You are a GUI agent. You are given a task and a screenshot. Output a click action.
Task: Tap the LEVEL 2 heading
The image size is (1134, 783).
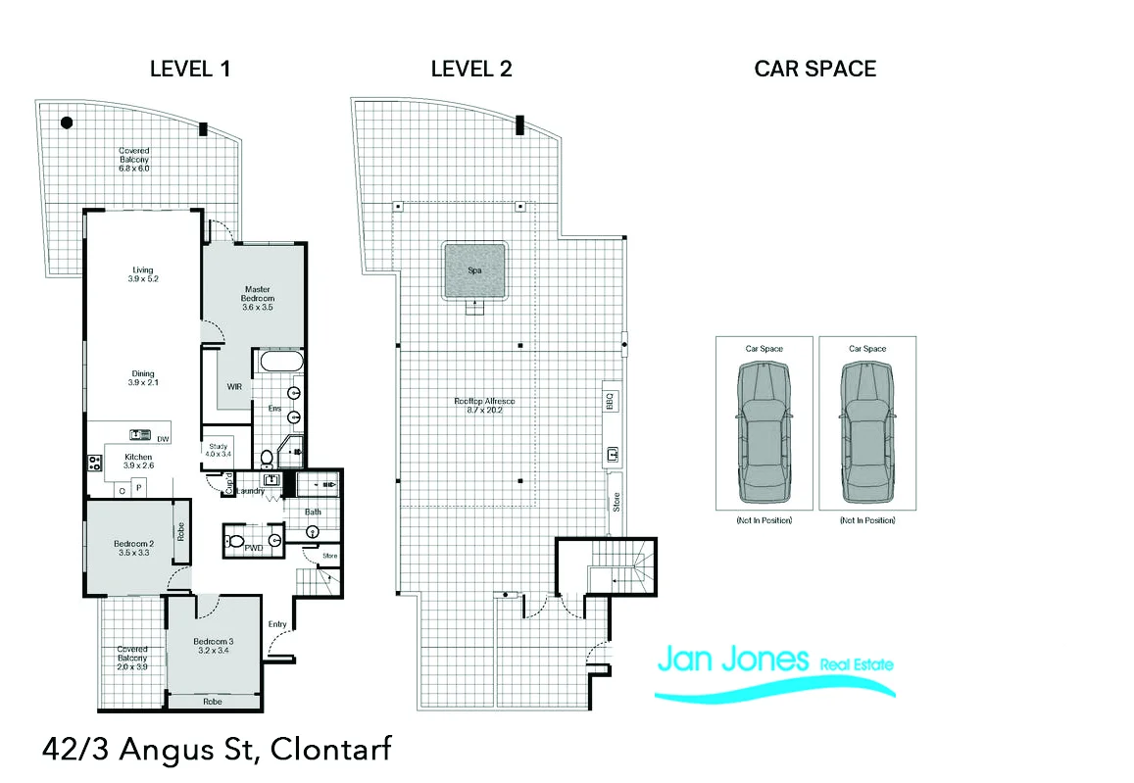(x=471, y=69)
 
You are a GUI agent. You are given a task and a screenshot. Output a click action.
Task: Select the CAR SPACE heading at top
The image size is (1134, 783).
(x=814, y=69)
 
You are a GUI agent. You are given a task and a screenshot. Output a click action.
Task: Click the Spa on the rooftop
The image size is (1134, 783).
(x=475, y=269)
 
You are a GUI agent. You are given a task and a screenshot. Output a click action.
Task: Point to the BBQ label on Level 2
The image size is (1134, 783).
(x=610, y=401)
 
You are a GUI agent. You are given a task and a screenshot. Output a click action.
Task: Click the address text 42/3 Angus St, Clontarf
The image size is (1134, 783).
(x=217, y=751)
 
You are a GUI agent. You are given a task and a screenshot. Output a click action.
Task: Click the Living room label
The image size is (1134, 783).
(x=143, y=275)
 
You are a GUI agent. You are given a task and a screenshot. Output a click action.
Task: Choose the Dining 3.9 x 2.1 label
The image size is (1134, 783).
(x=143, y=378)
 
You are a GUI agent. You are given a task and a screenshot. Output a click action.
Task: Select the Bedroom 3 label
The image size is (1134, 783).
(x=213, y=647)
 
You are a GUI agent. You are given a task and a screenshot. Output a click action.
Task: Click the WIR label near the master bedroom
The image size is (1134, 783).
(x=234, y=387)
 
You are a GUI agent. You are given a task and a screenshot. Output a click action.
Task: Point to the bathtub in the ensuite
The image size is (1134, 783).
(x=280, y=363)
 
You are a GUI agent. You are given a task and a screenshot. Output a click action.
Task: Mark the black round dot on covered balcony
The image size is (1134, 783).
(x=67, y=123)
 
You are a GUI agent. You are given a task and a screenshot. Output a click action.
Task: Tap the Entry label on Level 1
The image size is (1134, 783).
(x=277, y=624)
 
